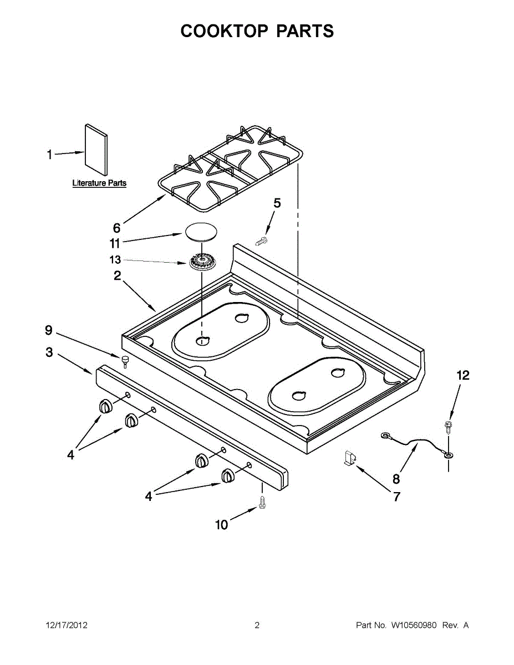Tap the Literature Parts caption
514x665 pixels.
(x=99, y=183)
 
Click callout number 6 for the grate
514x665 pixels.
(x=116, y=228)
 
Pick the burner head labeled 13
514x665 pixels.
(x=201, y=261)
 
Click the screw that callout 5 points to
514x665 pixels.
(x=261, y=242)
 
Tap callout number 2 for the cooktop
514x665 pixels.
(x=118, y=276)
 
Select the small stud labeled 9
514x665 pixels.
(x=125, y=362)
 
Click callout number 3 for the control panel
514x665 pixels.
(x=49, y=352)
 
